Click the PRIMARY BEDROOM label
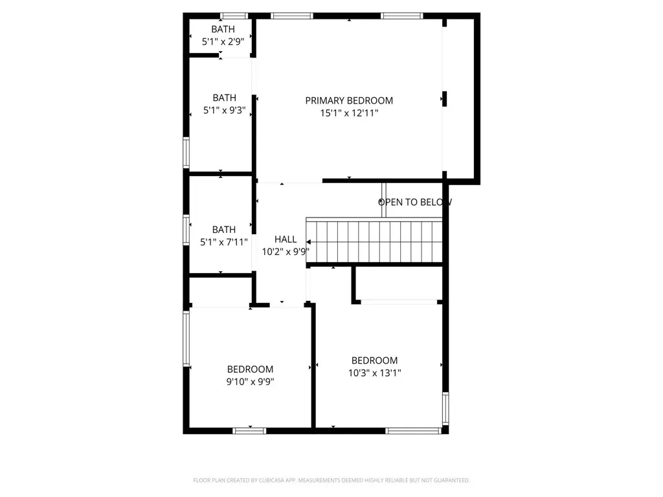(x=349, y=100)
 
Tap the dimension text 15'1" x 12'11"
(x=349, y=113)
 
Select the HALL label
(x=286, y=239)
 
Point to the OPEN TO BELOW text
(x=415, y=202)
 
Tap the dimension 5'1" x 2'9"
(x=223, y=41)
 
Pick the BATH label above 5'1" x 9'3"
(x=224, y=98)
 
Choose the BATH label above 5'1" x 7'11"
(x=224, y=229)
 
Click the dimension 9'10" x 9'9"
(x=250, y=382)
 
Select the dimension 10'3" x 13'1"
(x=374, y=373)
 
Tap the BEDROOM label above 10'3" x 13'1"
(x=374, y=360)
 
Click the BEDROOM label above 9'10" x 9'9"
(x=250, y=370)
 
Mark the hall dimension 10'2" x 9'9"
(x=286, y=252)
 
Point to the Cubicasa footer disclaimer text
(x=331, y=480)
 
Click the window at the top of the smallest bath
(x=234, y=16)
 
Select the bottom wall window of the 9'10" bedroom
(x=250, y=430)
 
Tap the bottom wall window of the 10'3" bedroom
(x=413, y=430)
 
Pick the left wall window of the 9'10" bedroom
(x=186, y=340)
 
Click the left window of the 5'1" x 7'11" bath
(x=186, y=230)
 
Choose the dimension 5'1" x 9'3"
(x=224, y=111)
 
